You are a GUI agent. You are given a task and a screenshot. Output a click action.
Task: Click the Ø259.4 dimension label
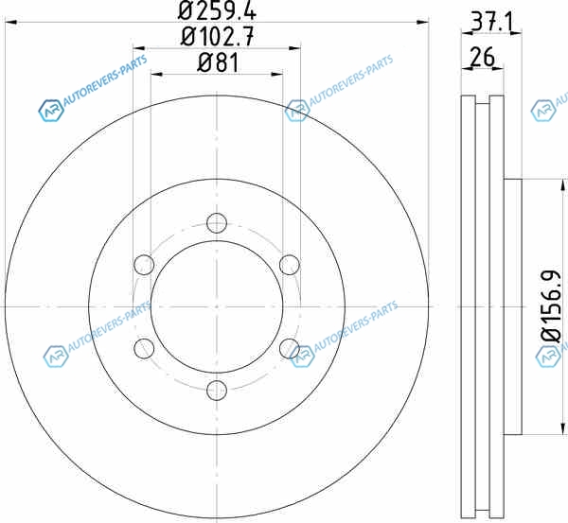pyautogui.click(x=218, y=10)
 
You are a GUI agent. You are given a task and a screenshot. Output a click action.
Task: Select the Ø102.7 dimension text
pyautogui.click(x=218, y=37)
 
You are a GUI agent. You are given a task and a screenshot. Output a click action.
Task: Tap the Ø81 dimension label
pyautogui.click(x=218, y=62)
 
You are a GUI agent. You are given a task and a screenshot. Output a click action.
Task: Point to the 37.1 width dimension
pyautogui.click(x=491, y=22)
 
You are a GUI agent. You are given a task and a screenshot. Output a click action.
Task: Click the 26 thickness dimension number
pyautogui.click(x=482, y=57)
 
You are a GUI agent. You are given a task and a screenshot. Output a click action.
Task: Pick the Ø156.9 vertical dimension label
pyautogui.click(x=551, y=306)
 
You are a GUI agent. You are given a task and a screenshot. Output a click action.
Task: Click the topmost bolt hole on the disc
pyautogui.click(x=217, y=222)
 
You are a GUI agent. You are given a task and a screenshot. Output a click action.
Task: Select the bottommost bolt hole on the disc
pyautogui.click(x=217, y=391)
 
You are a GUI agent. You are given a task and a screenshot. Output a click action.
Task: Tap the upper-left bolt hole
pyautogui.click(x=144, y=265)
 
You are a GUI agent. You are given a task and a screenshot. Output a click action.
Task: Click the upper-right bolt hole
pyautogui.click(x=290, y=265)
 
